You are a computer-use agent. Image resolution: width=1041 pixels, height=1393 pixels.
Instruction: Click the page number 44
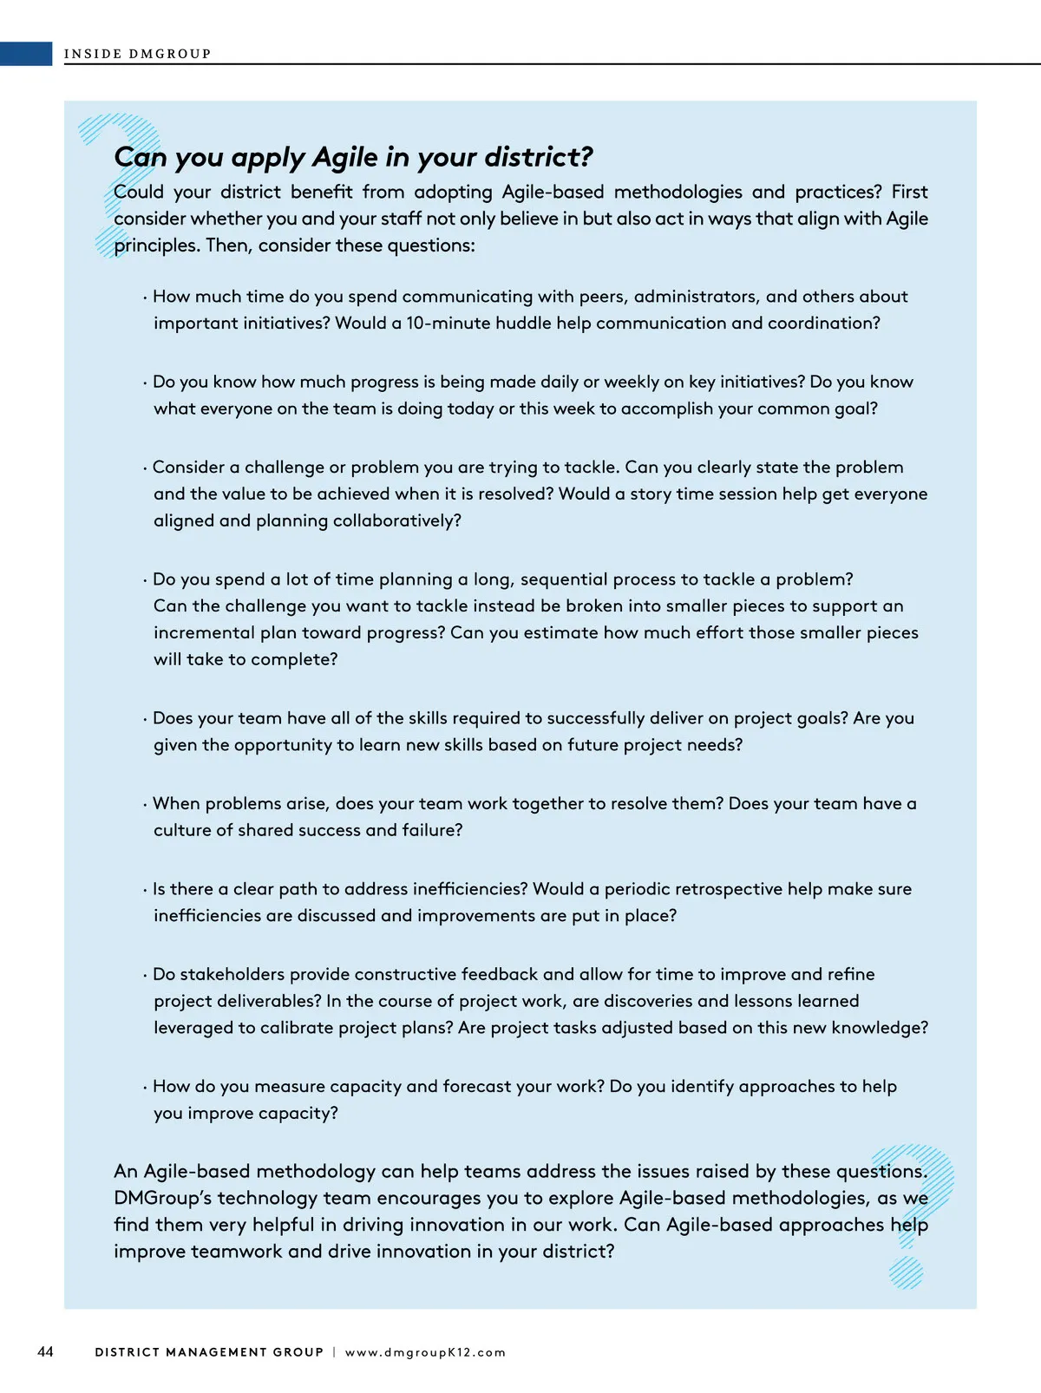click(x=45, y=1351)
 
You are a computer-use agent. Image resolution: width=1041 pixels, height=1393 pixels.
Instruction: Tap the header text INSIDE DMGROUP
click(x=137, y=54)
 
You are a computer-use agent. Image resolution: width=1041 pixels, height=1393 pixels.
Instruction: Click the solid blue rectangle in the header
click(x=26, y=54)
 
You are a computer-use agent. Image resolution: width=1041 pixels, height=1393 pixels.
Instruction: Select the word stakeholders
click(x=232, y=974)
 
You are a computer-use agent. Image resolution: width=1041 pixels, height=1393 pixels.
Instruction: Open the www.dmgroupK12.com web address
click(x=425, y=1352)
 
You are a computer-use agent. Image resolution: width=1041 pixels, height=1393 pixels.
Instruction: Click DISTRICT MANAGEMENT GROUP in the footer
click(x=209, y=1352)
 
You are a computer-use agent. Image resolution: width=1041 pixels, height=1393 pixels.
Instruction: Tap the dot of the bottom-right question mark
click(x=906, y=1272)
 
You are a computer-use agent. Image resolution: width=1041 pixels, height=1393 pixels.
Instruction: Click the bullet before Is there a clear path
click(x=145, y=890)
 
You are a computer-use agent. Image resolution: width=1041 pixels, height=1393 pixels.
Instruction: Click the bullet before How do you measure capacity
click(x=145, y=1088)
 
